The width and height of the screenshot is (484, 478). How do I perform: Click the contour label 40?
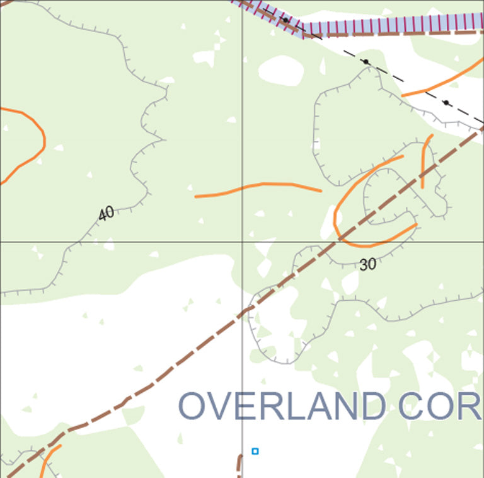(x=107, y=213)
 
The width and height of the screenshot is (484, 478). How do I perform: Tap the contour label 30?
(x=367, y=264)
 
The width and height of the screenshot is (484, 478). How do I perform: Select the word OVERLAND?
(x=282, y=406)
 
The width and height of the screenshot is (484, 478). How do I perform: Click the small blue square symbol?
(x=255, y=451)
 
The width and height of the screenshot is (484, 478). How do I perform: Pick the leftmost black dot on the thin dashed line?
(x=285, y=20)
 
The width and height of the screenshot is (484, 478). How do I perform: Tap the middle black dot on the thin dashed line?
(x=366, y=62)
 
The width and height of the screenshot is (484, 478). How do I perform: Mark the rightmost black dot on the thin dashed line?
(x=446, y=102)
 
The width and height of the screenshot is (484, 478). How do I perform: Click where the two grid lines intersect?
(x=243, y=242)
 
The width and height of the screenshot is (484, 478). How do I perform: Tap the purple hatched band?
(x=391, y=26)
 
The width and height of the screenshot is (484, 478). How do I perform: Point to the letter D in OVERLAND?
(x=371, y=406)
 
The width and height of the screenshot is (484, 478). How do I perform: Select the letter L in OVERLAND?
(x=290, y=406)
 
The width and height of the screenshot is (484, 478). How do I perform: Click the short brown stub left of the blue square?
(x=239, y=463)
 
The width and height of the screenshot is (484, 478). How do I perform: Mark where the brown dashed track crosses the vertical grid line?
(x=243, y=312)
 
